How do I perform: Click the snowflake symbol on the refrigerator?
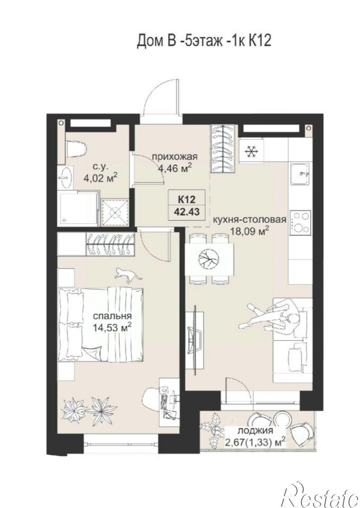pos(250,151)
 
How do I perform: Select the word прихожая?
pos(175,157)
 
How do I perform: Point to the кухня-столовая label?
pos(249,220)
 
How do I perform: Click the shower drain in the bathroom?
pos(115,212)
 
